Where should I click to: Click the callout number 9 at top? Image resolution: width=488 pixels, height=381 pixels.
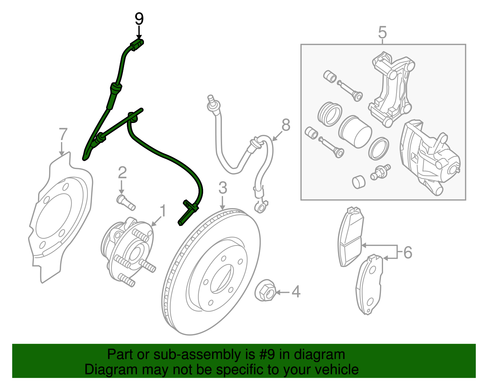coord(139,19)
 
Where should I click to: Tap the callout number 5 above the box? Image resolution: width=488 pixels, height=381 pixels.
coord(382,32)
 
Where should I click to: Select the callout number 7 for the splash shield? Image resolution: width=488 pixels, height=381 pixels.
coord(63,134)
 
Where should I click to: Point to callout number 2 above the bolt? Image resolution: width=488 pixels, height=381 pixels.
coord(122,173)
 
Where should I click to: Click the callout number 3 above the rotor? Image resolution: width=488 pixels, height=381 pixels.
coord(223,188)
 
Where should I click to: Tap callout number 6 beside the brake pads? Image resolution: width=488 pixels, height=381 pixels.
coord(408,253)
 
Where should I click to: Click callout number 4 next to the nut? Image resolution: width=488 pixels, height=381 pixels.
coord(296,292)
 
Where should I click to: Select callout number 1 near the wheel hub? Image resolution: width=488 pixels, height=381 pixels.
coord(163,211)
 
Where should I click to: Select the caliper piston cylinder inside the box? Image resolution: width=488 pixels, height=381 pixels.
coord(355,132)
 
